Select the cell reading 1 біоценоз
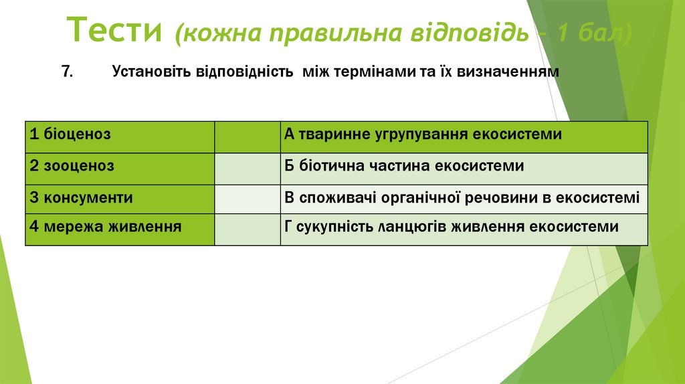tap(120, 136)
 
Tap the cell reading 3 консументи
tap(120, 199)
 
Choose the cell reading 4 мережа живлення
tap(120, 229)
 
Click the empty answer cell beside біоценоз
tap(248, 136)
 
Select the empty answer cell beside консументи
tap(248, 199)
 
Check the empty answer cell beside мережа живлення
tap(248, 229)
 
